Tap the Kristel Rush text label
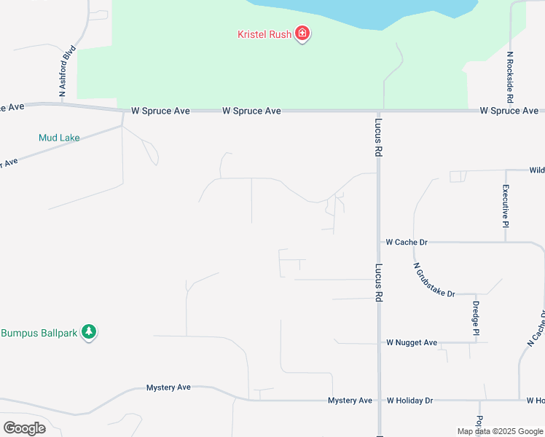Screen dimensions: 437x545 coord(264,34)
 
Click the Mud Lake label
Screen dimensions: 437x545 coord(59,137)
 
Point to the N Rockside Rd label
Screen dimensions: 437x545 coord(510,76)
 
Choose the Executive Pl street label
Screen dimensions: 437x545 coord(505,206)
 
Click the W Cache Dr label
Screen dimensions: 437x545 coord(406,241)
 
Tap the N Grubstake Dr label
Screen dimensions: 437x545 coord(434,280)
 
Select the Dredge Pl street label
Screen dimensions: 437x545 coord(475,318)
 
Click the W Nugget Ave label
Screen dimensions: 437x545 coord(412,342)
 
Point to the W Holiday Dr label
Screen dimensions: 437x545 coord(409,400)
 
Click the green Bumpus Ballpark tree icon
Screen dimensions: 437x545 coord(89,332)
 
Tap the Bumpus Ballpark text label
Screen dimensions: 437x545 coord(39,333)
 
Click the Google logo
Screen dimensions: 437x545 coord(24,428)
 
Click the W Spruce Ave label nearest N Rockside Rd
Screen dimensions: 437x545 coord(509,111)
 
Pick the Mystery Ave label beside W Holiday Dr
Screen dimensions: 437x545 coord(350,400)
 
